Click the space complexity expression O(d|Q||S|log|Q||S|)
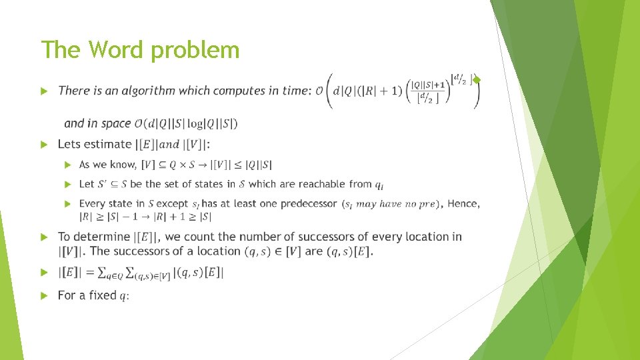tap(186, 123)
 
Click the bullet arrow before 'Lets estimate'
tap(43, 145)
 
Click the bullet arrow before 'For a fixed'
tap(43, 295)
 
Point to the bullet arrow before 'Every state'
tap(67, 203)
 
